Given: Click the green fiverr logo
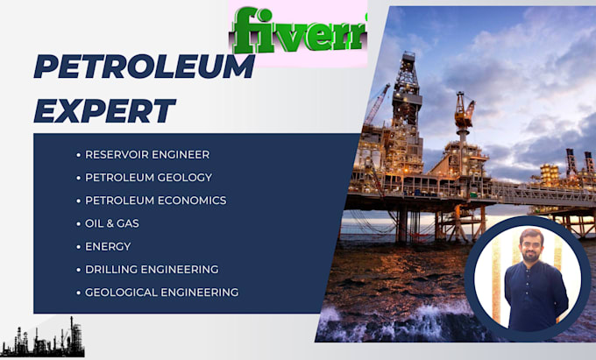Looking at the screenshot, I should pyautogui.click(x=298, y=32).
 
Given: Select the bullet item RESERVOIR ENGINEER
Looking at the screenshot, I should pyautogui.click(x=146, y=154).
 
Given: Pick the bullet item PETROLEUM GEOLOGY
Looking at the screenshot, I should pyautogui.click(x=148, y=177).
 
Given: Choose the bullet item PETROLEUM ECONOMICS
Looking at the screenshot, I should pyautogui.click(x=155, y=201).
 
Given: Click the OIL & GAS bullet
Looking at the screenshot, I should pyautogui.click(x=111, y=223).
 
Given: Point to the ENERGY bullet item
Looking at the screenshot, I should pyautogui.click(x=107, y=246).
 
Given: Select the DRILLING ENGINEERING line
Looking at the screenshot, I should pyautogui.click(x=152, y=269).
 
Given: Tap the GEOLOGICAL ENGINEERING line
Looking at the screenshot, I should pyautogui.click(x=161, y=293).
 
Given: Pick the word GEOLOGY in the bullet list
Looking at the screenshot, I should pyautogui.click(x=185, y=177).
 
